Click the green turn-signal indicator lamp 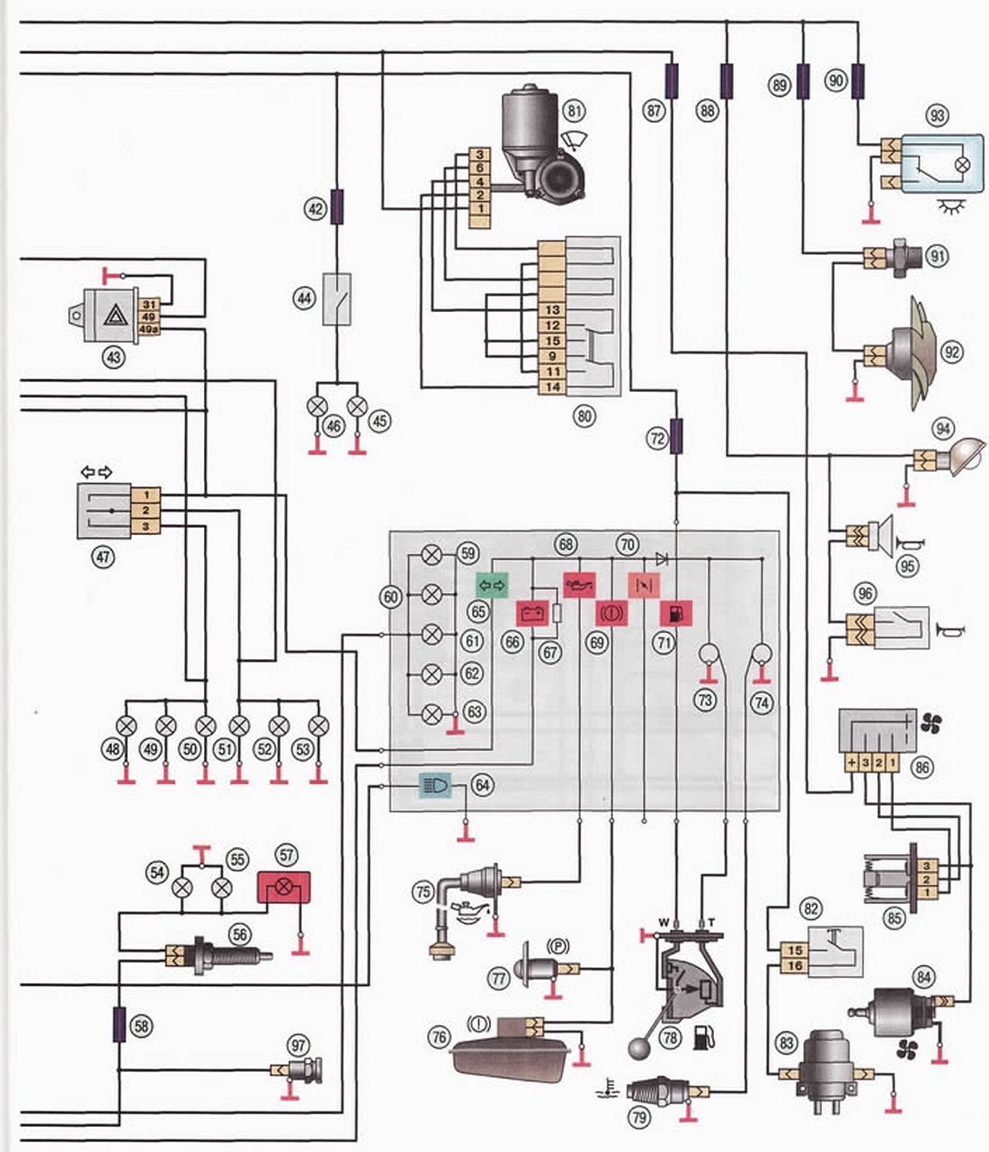492,585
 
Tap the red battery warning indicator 532,613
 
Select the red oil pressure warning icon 580,585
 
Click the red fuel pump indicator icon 676,613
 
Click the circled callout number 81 574,111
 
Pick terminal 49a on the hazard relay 148,329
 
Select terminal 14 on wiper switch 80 552,387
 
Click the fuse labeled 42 337,206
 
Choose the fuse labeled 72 676,436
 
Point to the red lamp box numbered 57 283,888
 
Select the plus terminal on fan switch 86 851,763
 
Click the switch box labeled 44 337,299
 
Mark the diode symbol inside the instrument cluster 662,558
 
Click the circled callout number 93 937,115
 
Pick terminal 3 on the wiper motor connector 480,155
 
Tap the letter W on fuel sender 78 664,923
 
